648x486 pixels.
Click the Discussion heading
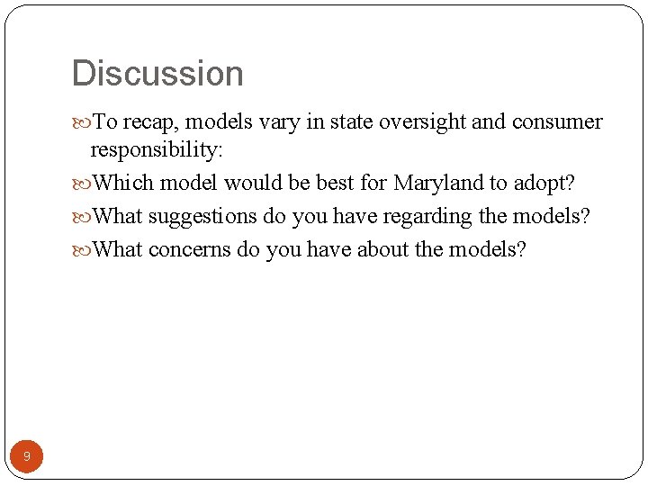point(157,74)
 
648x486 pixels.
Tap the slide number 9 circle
point(27,456)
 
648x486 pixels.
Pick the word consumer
point(557,122)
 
